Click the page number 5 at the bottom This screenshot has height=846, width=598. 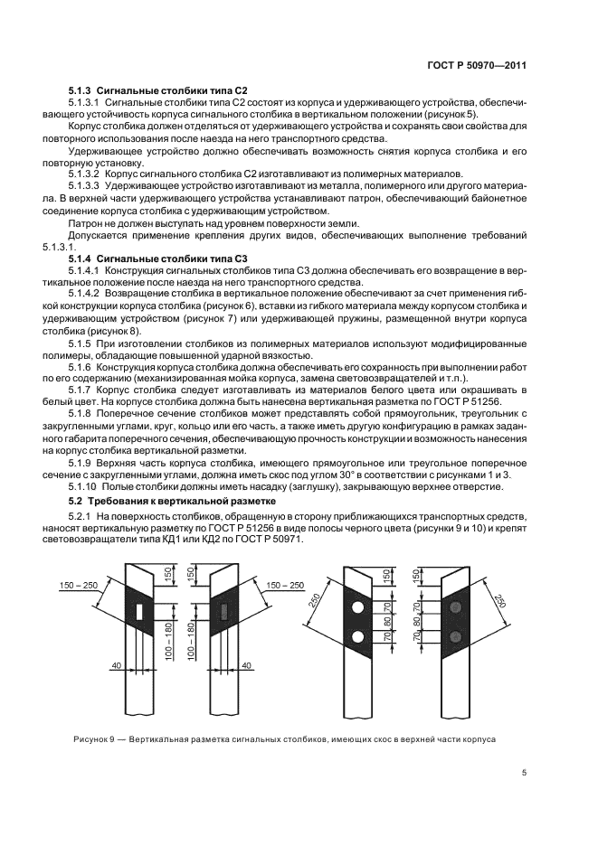524,772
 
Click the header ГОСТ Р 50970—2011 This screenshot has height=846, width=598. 478,65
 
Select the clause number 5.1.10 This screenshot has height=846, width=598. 87,487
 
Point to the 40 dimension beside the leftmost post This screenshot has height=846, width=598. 116,665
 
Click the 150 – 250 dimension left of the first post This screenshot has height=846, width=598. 78,585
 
